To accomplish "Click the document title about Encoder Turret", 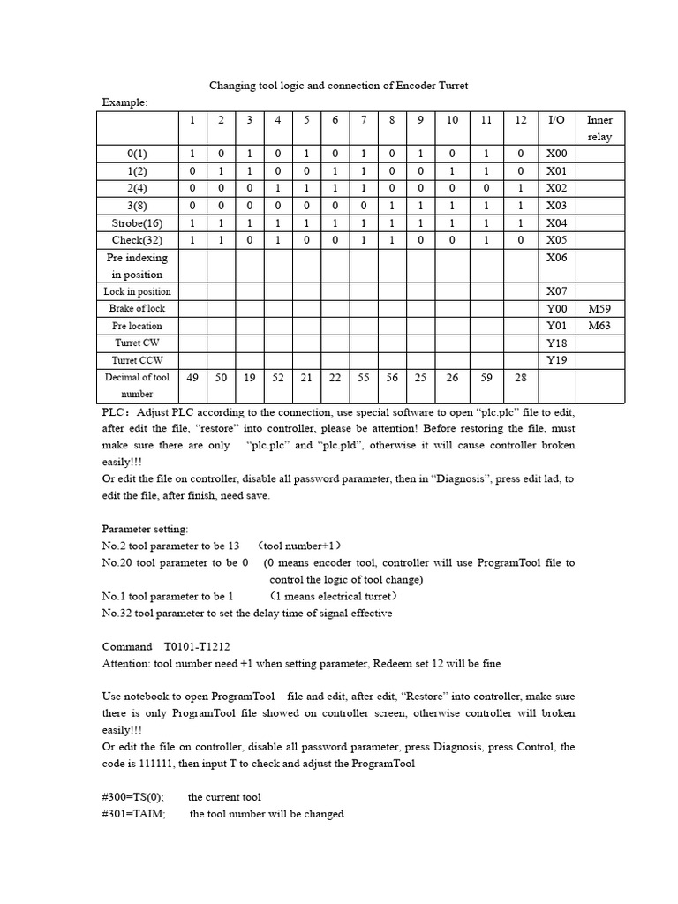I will pos(338,86).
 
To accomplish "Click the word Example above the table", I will pos(124,102).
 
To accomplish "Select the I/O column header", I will pos(556,120).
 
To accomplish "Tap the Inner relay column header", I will pos(599,128).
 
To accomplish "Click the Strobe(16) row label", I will pos(137,223).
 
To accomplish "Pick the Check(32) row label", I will pos(137,240).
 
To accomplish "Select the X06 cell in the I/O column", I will pos(556,258).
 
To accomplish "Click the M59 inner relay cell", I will pos(599,309).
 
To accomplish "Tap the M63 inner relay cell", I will pos(599,326).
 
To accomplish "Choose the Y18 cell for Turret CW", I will pos(556,343).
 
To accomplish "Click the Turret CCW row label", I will pos(137,360).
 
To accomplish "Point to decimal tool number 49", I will pos(192,378).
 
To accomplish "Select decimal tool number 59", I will pos(486,378).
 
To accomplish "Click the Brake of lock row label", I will pos(137,309).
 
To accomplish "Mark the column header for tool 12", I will pos(520,120).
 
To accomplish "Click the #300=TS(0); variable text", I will pos(133,797).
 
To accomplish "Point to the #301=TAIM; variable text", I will pos(133,814).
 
